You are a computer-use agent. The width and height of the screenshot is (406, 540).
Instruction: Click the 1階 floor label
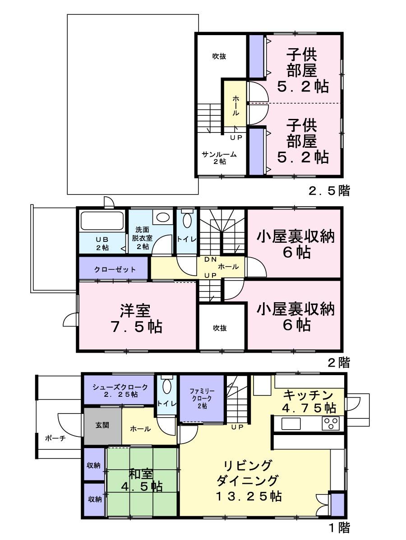click(x=338, y=527)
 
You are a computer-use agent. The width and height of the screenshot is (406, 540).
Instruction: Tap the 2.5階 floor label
click(x=329, y=191)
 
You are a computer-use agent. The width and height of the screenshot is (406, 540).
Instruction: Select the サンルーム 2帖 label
click(x=219, y=158)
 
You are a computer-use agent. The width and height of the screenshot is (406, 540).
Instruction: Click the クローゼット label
click(x=115, y=270)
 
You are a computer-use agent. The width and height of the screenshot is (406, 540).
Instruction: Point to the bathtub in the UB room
click(x=102, y=222)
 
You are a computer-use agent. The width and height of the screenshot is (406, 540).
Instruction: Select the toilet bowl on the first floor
click(x=166, y=386)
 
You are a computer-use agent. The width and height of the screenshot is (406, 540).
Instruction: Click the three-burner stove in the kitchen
click(x=331, y=424)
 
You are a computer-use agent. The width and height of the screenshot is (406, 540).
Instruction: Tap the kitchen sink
click(x=291, y=424)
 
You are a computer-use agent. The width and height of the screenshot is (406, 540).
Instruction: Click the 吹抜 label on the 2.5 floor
click(x=219, y=56)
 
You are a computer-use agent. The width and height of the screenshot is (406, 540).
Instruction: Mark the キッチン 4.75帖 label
click(x=309, y=401)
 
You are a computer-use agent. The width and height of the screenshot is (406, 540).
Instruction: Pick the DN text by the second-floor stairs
click(x=210, y=259)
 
